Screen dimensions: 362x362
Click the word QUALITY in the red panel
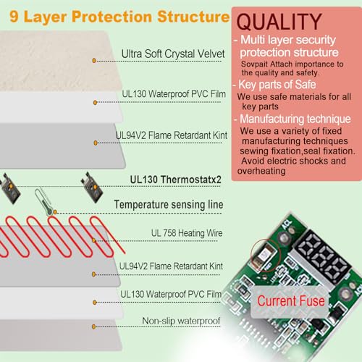point(279,22)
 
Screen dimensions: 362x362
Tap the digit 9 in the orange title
point(14,17)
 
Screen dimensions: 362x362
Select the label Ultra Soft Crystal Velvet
point(173,54)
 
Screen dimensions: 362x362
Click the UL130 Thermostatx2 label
point(175,180)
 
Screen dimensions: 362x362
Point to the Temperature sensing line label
point(169,204)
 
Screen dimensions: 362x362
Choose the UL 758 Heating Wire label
point(187,233)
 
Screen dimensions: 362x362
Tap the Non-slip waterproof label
point(181,321)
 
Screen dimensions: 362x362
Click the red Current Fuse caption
point(291,301)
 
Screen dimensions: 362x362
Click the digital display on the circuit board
point(324,257)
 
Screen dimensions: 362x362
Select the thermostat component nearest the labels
point(92,187)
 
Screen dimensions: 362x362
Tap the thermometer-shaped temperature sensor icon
point(43,201)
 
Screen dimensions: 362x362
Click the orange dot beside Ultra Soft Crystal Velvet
point(94,61)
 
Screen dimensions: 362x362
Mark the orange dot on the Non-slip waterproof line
point(93,327)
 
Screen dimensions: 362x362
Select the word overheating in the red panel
point(261,171)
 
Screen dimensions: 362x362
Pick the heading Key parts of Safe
point(277,85)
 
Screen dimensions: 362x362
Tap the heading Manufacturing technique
point(295,119)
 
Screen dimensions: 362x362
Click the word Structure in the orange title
point(193,17)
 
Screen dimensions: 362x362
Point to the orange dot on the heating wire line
point(93,240)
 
